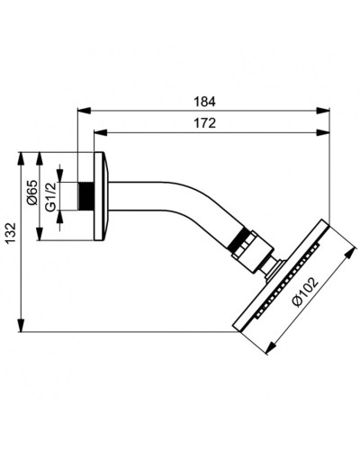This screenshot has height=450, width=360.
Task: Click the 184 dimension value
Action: point(205,102)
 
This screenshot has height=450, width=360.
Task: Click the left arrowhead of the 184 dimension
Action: point(81,112)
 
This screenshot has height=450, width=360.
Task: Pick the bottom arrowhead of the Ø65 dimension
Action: point(39,238)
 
